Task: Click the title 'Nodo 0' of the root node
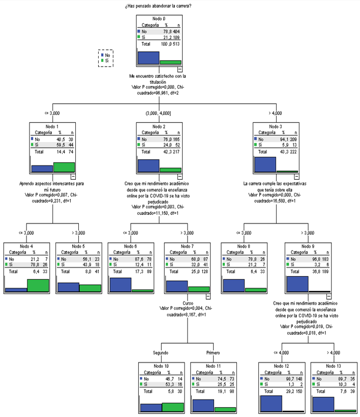point(159,19)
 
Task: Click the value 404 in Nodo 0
point(176,30)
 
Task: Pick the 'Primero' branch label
point(214,353)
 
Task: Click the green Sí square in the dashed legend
point(103,61)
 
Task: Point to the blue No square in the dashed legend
point(103,54)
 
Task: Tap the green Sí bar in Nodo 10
point(173,407)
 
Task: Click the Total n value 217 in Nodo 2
point(175,151)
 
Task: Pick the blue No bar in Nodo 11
point(203,405)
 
